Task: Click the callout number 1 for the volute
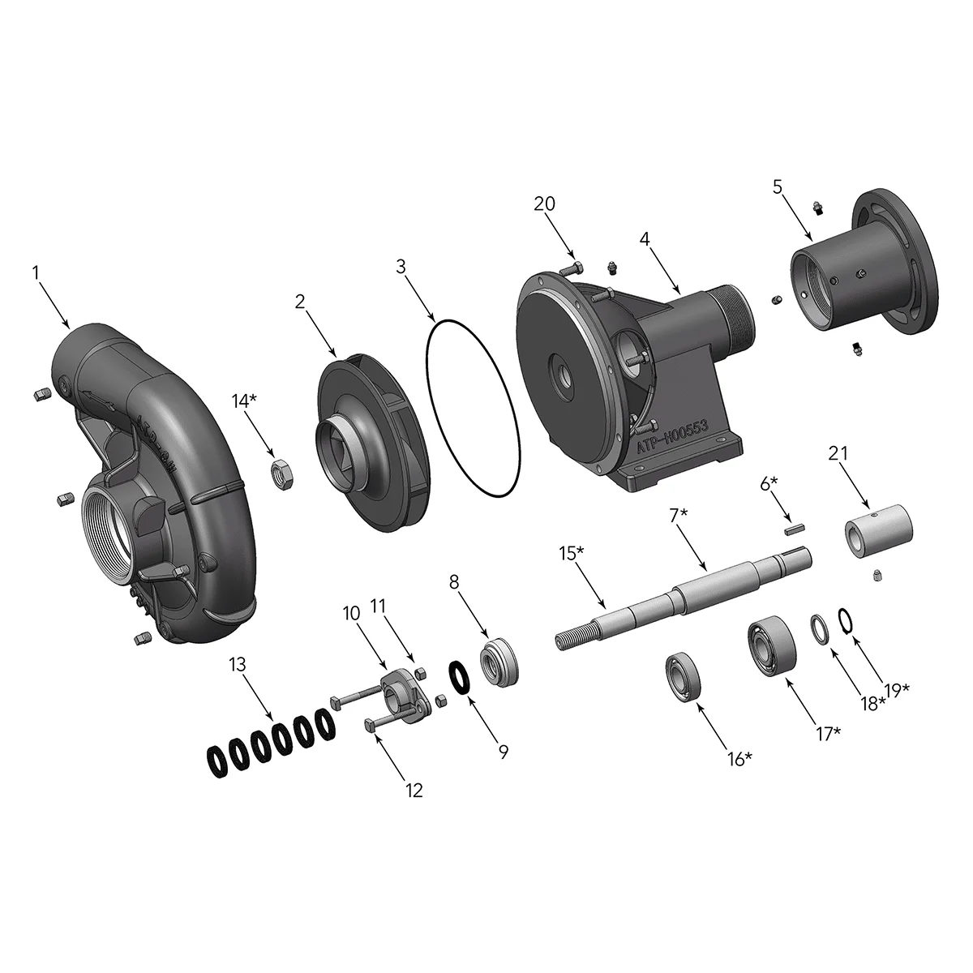tap(36, 273)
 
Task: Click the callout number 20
tap(544, 204)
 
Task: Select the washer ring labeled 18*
tap(821, 630)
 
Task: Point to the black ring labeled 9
tap(459, 677)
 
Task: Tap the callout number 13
tap(237, 665)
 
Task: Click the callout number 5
tap(777, 188)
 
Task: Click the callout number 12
tap(414, 790)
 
